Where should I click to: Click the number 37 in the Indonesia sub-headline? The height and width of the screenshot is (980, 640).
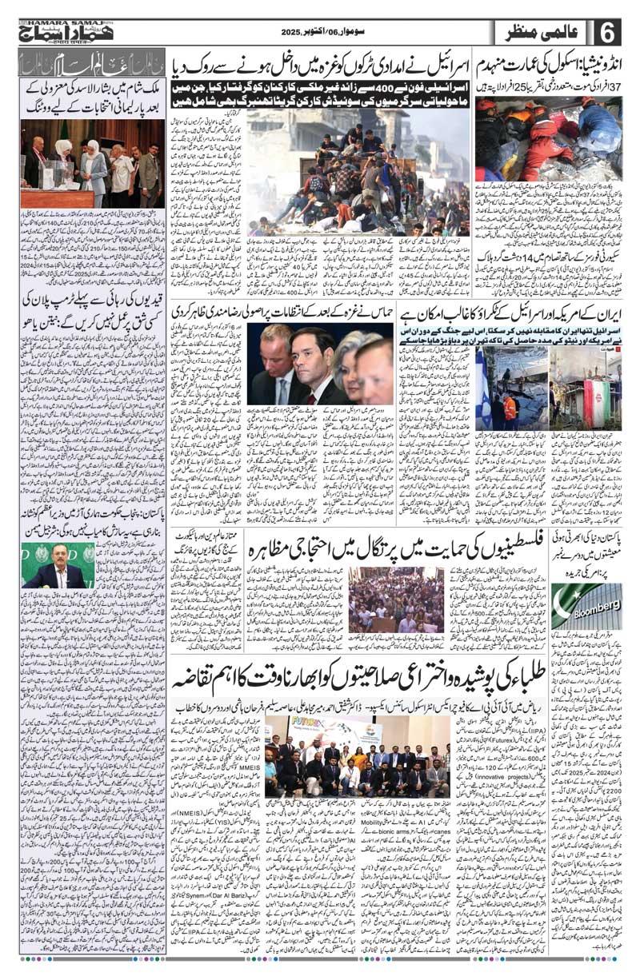626,86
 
